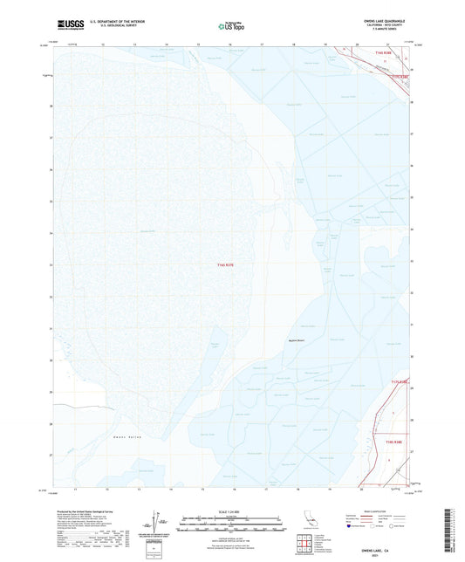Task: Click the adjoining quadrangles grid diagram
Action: [x=304, y=545]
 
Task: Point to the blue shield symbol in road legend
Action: [x=353, y=526]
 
